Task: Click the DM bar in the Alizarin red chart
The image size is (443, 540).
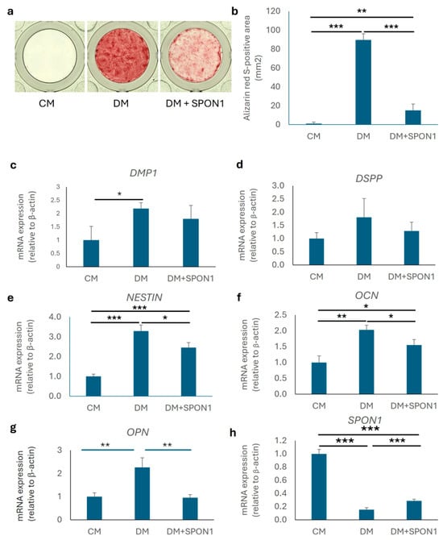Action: [363, 82]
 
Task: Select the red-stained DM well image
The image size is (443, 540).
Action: [121, 56]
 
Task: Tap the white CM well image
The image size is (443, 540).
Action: [49, 56]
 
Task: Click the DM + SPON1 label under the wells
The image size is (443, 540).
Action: [194, 103]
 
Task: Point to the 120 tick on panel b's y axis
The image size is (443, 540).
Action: [273, 11]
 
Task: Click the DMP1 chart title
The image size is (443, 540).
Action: [143, 173]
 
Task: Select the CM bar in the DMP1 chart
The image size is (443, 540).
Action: [91, 253]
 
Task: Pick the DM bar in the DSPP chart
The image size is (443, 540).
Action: [364, 241]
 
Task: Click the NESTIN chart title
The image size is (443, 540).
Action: [144, 297]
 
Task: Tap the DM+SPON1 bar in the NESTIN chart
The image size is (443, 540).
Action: [188, 372]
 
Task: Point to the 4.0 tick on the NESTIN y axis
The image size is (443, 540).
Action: [55, 317]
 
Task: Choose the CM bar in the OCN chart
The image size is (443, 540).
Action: [319, 378]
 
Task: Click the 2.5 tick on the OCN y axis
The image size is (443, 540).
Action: [281, 314]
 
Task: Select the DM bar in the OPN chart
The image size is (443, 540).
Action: [142, 493]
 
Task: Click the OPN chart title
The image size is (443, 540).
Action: [138, 432]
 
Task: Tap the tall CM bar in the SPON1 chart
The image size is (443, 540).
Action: [319, 487]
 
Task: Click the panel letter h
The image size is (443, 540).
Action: [233, 433]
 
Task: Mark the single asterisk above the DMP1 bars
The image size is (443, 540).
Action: [119, 194]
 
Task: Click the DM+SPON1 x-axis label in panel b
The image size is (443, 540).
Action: [412, 136]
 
